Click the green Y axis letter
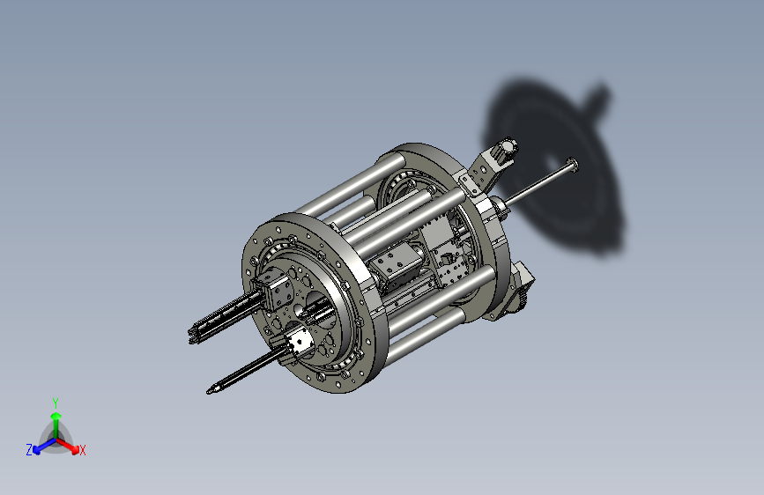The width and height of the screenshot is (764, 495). point(56,403)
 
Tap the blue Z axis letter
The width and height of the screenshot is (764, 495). point(29,450)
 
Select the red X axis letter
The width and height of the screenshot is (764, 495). point(82,450)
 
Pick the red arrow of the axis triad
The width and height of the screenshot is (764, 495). point(68,446)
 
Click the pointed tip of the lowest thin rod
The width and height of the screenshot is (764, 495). point(209,391)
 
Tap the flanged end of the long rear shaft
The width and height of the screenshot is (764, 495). point(573,165)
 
